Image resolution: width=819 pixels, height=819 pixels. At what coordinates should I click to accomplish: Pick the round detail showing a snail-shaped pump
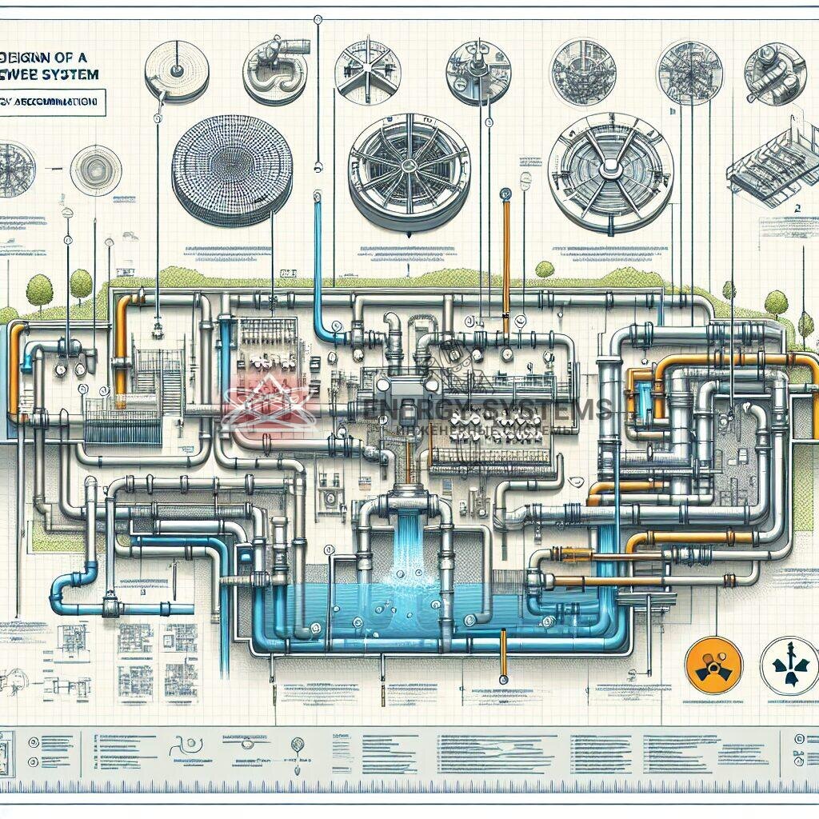coord(274,72)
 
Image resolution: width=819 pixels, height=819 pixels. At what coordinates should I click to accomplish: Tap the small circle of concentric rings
coord(96,170)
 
